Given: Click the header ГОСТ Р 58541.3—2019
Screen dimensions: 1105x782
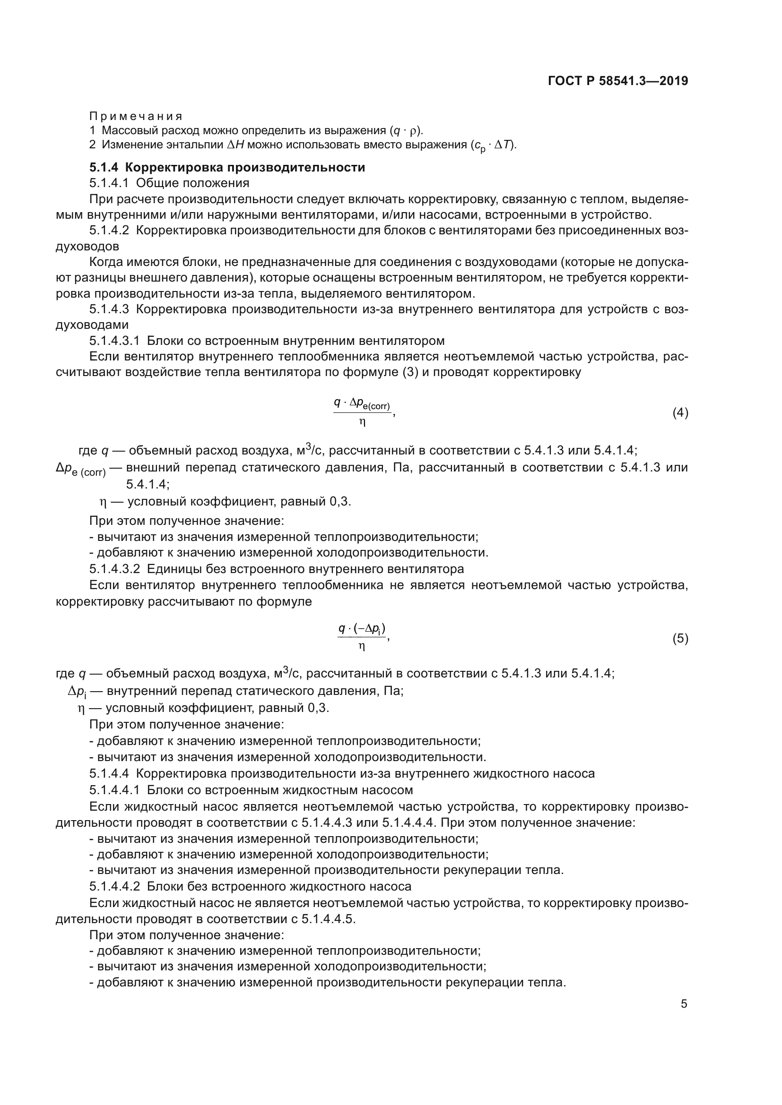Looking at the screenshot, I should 618,81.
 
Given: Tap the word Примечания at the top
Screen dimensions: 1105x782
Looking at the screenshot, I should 136,116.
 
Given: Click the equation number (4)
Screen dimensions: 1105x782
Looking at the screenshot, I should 680,412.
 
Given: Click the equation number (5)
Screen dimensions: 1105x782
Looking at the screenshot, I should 680,638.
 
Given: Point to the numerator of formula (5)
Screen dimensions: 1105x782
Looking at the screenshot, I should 362,628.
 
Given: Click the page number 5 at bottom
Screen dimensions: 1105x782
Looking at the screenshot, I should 684,1004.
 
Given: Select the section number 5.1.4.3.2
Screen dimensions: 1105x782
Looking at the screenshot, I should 114,569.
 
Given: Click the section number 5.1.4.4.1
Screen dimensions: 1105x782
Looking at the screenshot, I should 114,790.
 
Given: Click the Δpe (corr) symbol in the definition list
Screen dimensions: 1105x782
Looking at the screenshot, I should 80,469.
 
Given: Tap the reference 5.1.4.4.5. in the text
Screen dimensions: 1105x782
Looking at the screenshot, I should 329,919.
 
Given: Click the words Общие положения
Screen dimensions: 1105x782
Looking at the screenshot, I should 192,183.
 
